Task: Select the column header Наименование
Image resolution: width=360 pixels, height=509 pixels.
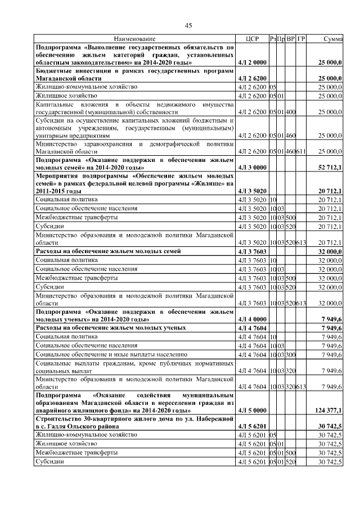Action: tap(135, 39)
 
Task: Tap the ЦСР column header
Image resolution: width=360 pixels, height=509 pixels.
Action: tap(252, 39)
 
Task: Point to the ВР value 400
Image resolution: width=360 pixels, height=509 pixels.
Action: tap(291, 112)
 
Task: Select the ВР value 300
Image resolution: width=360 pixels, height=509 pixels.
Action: tap(291, 355)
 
